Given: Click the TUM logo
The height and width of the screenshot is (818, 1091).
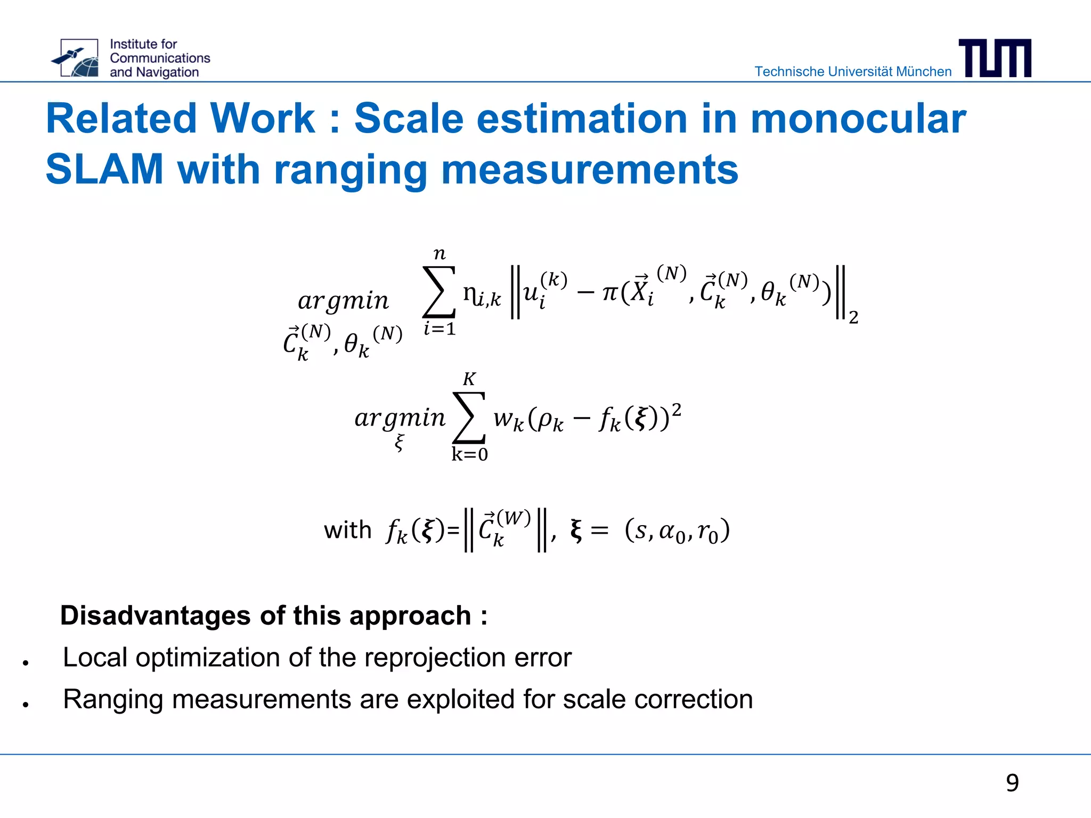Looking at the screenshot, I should click(995, 58).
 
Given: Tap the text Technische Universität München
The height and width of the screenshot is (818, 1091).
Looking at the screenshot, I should click(852, 71).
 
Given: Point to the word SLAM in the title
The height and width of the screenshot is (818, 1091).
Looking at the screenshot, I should click(104, 169).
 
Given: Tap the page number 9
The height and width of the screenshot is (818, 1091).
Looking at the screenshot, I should click(1012, 783).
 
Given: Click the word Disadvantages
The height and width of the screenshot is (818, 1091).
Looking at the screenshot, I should click(156, 616).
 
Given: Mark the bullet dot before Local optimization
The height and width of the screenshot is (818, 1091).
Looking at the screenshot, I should click(25, 663).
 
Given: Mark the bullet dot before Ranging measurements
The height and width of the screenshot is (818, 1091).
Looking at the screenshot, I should click(25, 705).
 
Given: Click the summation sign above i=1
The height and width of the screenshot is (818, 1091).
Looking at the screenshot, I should click(439, 292).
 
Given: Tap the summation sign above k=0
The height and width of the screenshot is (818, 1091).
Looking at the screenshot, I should click(469, 418).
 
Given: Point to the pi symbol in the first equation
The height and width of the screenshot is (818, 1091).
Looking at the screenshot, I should click(610, 292).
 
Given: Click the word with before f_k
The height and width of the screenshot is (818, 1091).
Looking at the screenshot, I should click(347, 530).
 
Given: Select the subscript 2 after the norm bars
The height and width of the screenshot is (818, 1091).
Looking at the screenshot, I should click(853, 317).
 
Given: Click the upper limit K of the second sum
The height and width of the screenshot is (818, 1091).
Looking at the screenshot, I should click(469, 379).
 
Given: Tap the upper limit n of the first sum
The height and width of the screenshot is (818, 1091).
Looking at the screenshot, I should click(439, 253).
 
